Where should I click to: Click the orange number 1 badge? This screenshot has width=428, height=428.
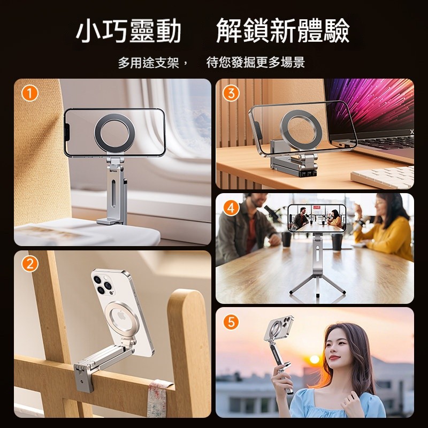pos(30,93)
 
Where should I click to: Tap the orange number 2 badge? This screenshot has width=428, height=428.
pos(30,264)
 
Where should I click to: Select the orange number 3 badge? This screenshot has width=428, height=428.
pos(231,93)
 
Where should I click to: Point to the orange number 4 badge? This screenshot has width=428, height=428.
pos(231,208)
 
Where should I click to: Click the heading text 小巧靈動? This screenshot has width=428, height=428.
pos(128,30)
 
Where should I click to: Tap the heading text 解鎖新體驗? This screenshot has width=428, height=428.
pos(283,30)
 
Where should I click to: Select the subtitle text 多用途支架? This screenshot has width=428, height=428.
pos(149,63)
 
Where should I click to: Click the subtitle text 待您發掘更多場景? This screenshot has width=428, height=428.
pos(256,63)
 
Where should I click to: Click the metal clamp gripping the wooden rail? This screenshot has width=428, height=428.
pos(84,377)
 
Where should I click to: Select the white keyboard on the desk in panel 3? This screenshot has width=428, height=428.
pos(382,177)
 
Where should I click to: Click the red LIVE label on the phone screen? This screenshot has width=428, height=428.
pos(316,208)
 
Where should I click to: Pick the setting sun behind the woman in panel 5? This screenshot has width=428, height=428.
pos(315,359)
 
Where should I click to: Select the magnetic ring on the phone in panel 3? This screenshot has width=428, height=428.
pos(301,131)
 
